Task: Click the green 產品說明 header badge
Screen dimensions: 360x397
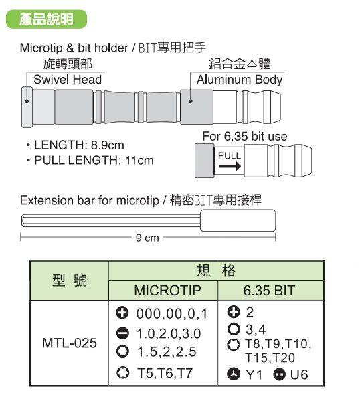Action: click(46, 19)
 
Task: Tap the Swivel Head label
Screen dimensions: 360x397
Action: click(68, 80)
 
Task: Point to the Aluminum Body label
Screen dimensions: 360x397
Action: click(240, 80)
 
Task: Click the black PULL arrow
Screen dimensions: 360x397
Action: click(230, 166)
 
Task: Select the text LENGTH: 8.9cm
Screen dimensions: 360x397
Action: click(79, 145)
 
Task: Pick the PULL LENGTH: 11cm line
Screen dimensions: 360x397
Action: click(94, 161)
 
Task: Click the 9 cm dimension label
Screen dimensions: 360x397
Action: click(147, 238)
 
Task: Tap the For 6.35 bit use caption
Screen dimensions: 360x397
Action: click(245, 137)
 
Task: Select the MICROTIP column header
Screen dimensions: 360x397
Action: click(167, 290)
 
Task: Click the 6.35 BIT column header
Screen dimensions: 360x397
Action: click(269, 290)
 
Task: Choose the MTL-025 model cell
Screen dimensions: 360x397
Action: click(70, 343)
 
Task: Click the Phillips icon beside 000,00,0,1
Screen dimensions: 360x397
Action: click(122, 313)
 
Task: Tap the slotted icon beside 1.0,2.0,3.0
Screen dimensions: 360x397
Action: click(122, 333)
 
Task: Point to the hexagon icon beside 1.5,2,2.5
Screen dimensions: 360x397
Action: click(122, 351)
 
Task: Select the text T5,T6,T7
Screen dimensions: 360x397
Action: click(165, 373)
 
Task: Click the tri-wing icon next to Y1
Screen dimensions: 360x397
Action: click(234, 374)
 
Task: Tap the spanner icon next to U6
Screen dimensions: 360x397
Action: click(280, 374)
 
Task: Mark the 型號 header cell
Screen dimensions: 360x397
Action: click(70, 281)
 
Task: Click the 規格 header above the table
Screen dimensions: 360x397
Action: click(216, 270)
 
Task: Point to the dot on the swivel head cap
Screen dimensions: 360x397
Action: click(27, 102)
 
